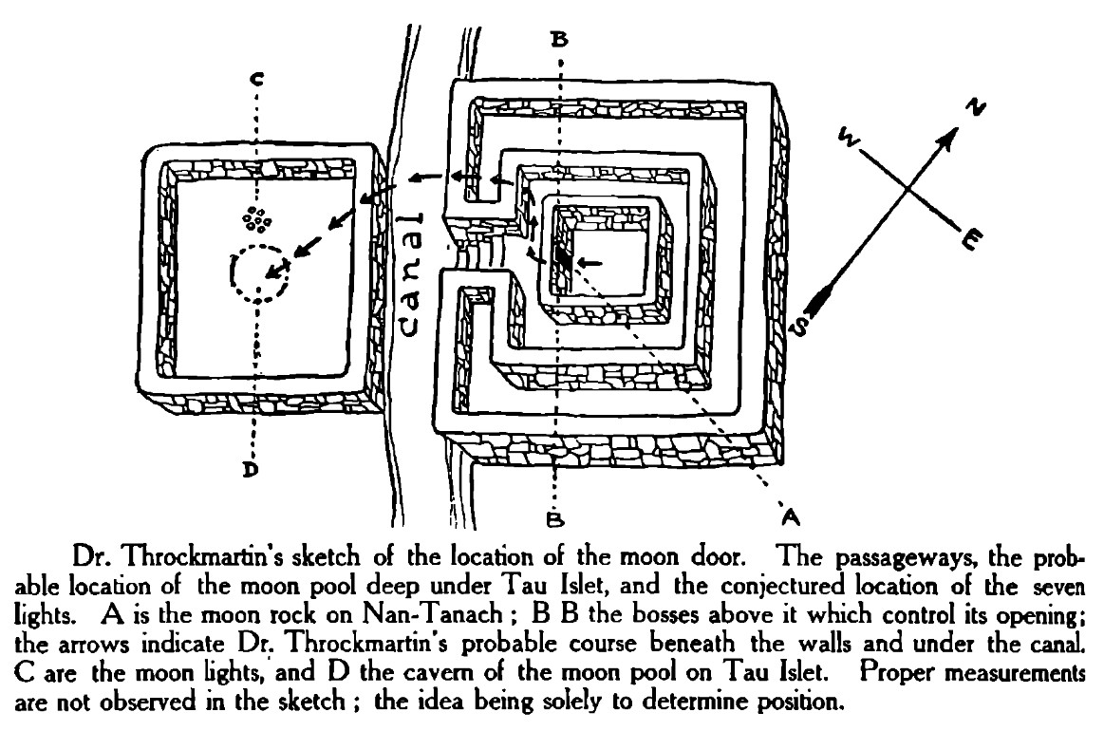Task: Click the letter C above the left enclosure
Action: (254, 79)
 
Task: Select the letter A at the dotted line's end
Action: (789, 515)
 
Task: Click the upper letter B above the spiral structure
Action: (559, 39)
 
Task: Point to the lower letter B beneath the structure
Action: (556, 518)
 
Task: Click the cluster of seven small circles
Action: (256, 219)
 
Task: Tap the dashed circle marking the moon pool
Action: (259, 274)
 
